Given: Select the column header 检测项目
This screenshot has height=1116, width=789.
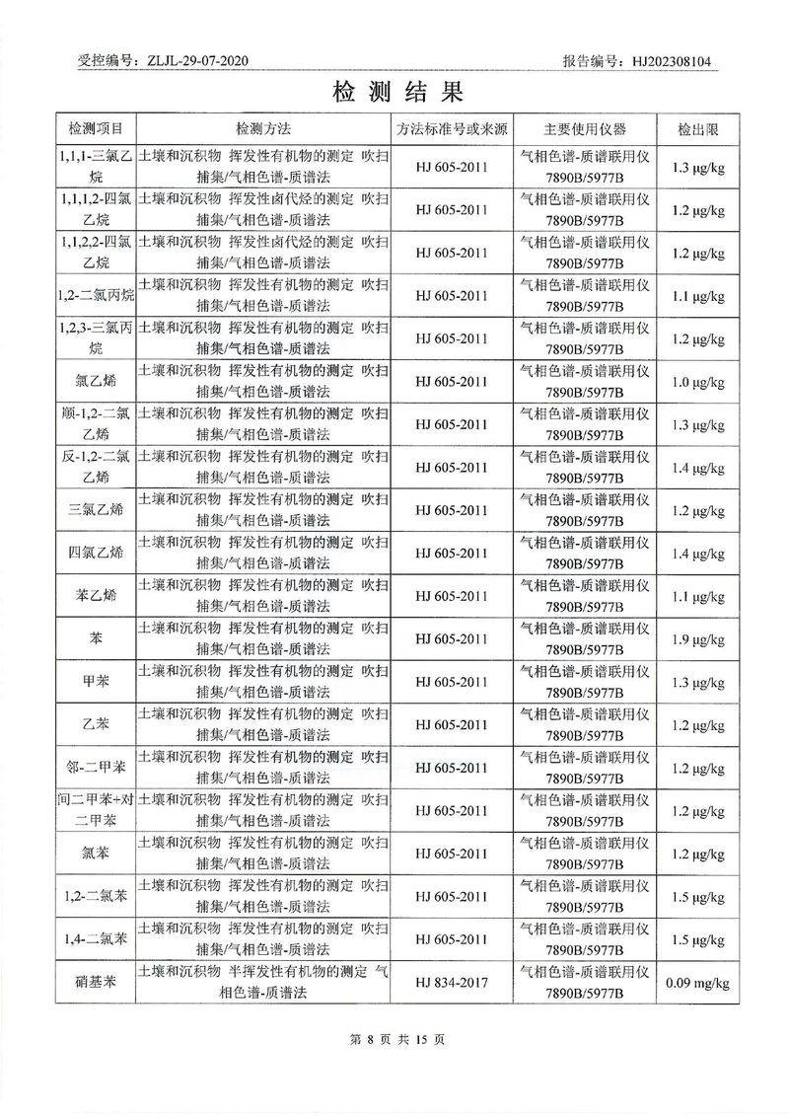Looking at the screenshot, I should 96,129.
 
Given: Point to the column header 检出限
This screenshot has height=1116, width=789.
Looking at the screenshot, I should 696,129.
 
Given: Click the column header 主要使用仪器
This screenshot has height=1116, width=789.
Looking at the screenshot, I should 585,129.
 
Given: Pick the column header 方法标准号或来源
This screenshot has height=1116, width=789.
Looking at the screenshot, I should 452,129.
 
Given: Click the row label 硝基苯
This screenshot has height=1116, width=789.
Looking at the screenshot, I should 96,982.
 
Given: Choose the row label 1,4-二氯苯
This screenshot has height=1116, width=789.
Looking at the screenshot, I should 96,939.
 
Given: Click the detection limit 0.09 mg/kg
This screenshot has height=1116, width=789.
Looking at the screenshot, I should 696,982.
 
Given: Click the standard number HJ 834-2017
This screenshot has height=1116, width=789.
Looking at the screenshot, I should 452,982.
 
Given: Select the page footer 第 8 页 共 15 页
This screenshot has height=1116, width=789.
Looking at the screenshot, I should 394,1039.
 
